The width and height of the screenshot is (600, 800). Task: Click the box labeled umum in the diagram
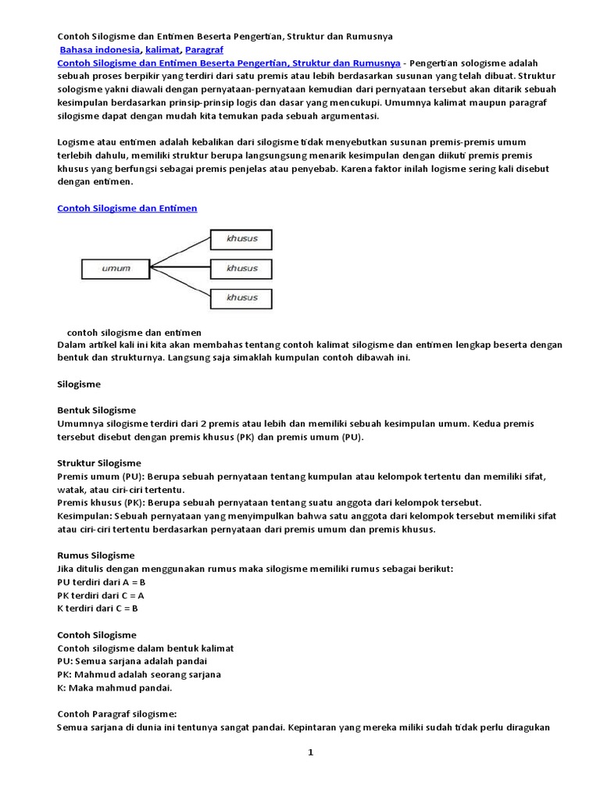click(115, 269)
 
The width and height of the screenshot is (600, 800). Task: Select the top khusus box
click(241, 238)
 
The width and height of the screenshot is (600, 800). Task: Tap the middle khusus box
click(241, 269)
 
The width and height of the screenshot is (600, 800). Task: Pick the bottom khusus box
click(241, 298)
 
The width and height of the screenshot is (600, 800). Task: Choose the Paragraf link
click(204, 49)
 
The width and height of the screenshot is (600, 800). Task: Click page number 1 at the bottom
click(310, 752)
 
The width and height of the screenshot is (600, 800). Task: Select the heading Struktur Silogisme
click(99, 463)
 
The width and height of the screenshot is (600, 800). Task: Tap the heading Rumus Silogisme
click(96, 555)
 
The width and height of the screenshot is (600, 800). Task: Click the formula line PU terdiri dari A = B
click(102, 582)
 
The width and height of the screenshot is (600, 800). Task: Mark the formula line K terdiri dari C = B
click(98, 609)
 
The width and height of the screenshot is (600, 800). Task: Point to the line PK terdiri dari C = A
click(102, 595)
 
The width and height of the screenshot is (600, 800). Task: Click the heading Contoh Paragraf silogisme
click(117, 714)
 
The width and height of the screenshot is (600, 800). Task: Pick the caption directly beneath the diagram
click(134, 332)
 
